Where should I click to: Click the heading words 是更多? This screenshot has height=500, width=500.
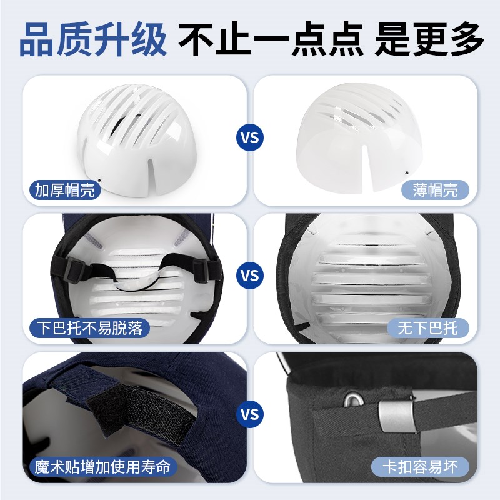pyautogui.click(x=429, y=39)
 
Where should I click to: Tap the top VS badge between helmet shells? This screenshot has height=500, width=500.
pyautogui.click(x=250, y=136)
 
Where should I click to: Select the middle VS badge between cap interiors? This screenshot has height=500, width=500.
pyautogui.click(x=250, y=275)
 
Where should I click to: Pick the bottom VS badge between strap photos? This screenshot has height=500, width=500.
pyautogui.click(x=250, y=414)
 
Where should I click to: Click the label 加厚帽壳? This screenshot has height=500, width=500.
pyautogui.click(x=65, y=189)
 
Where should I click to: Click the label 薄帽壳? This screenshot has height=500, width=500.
pyautogui.click(x=435, y=189)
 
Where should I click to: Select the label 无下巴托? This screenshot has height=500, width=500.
pyautogui.click(x=427, y=327)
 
